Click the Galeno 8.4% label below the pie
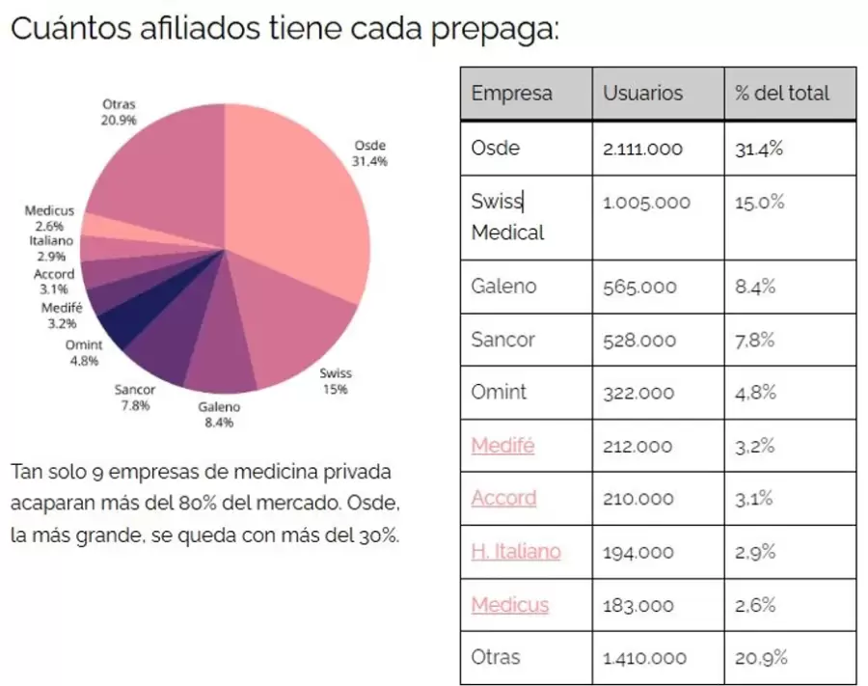(x=218, y=414)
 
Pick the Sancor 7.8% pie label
(x=135, y=398)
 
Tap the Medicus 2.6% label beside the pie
(x=49, y=218)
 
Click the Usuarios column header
(x=642, y=94)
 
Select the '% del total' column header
(x=781, y=94)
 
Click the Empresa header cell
(x=511, y=94)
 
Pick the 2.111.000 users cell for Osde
(x=642, y=149)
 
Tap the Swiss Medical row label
(x=507, y=217)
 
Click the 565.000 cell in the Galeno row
(x=639, y=287)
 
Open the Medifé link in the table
(x=502, y=446)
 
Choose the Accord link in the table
(x=503, y=499)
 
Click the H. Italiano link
(x=515, y=552)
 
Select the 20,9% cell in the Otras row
(x=761, y=658)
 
